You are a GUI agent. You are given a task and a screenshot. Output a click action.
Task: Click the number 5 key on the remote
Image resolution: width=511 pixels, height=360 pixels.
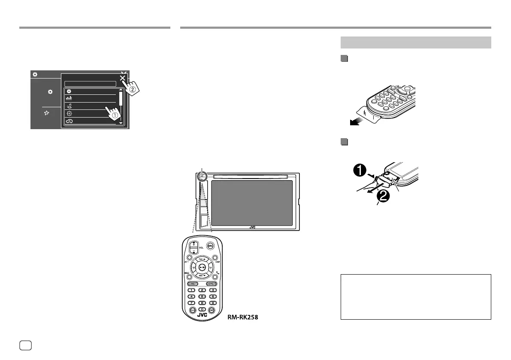click(x=202, y=296)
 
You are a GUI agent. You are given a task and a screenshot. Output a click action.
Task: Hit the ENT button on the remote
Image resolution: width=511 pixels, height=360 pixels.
click(x=212, y=310)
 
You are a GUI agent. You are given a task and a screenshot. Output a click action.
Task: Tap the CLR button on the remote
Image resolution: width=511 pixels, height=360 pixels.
click(x=192, y=310)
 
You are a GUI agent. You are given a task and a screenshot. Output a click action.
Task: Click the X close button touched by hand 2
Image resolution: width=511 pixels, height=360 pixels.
click(x=123, y=78)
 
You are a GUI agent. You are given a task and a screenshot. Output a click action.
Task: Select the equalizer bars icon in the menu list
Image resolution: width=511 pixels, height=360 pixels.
click(x=68, y=98)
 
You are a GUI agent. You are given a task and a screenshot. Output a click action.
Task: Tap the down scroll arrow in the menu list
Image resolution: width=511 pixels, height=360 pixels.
click(x=121, y=123)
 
